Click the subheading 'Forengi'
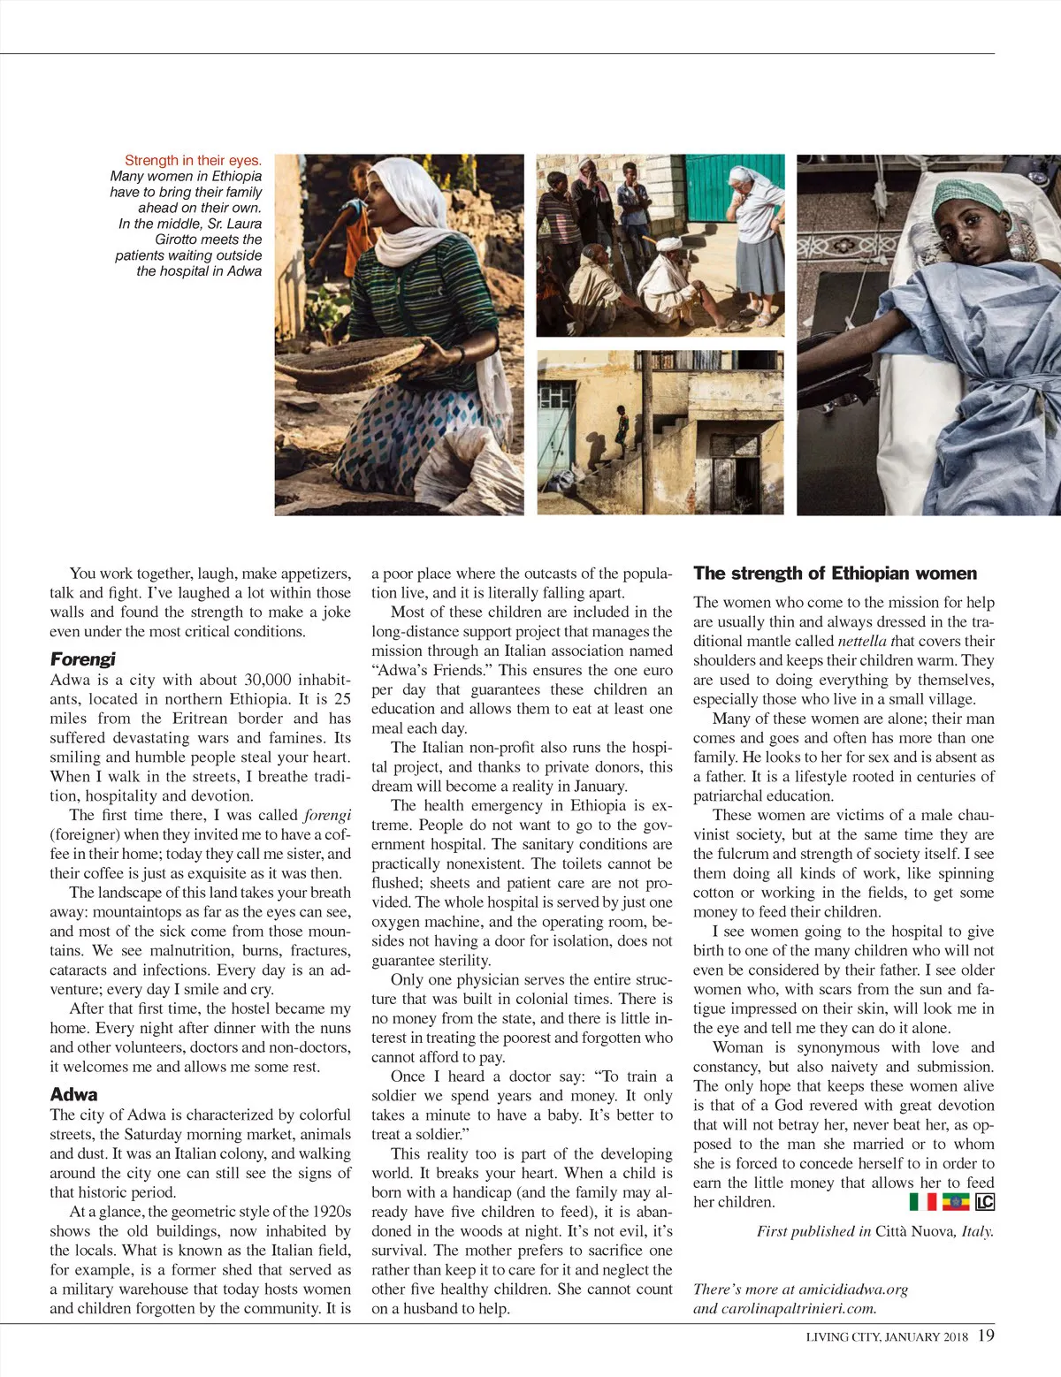[82, 659]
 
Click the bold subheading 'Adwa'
[73, 1094]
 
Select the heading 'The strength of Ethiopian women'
[835, 574]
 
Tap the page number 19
[987, 1335]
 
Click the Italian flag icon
[922, 1202]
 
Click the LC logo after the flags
[985, 1202]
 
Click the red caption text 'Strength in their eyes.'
[193, 160]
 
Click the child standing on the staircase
[622, 430]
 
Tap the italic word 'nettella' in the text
[862, 642]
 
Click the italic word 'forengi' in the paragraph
[327, 815]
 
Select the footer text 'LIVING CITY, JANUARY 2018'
[887, 1336]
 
